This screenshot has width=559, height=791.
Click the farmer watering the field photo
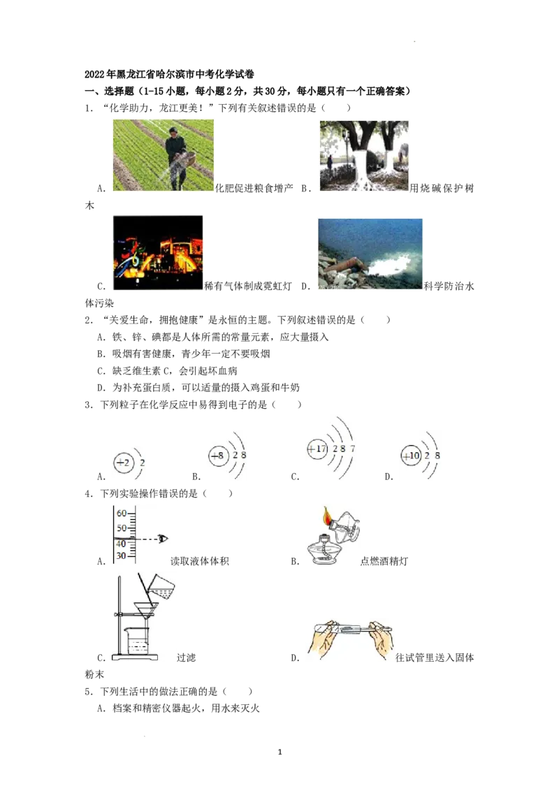point(163,155)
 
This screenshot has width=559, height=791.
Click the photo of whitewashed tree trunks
point(364,155)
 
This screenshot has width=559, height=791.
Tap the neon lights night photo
point(158,253)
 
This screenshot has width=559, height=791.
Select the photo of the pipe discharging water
point(370,253)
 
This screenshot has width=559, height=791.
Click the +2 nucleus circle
point(123,463)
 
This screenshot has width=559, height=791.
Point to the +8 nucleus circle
point(219,456)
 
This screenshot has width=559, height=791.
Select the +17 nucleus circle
point(317,449)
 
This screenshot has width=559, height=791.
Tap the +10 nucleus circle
point(411,456)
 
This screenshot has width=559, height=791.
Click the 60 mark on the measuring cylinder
point(122,513)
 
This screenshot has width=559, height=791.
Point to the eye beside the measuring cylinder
point(163,539)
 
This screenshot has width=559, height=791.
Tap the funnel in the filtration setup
point(146,611)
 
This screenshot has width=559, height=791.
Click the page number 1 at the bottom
point(280,752)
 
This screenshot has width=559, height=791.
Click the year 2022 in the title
point(94,74)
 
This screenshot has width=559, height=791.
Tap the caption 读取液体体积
point(200,561)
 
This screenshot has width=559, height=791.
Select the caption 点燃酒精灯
point(384,561)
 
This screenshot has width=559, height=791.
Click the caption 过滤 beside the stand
point(186,658)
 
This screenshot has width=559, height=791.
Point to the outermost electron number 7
point(352,448)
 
